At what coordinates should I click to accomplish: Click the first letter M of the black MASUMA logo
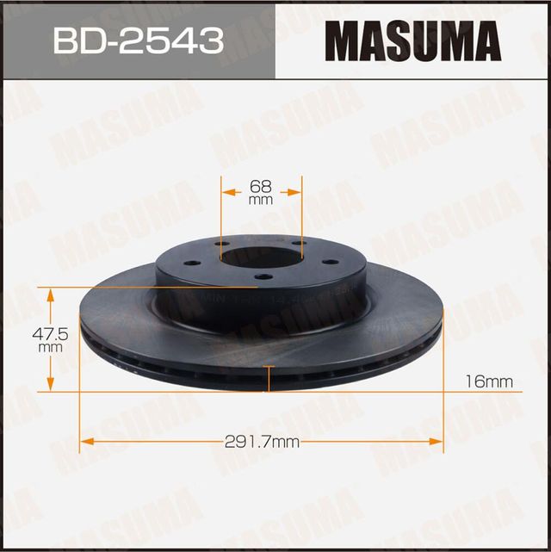[x=347, y=40]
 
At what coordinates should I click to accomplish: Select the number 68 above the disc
[x=261, y=184]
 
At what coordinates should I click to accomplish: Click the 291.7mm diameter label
[x=262, y=443]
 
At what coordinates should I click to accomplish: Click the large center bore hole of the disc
[x=261, y=257]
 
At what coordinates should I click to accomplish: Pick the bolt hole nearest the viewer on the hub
[x=263, y=276]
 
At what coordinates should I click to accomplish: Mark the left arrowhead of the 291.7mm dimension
[x=84, y=443]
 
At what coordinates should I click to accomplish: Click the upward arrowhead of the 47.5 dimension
[x=51, y=295]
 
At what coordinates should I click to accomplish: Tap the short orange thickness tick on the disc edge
[x=271, y=378]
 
